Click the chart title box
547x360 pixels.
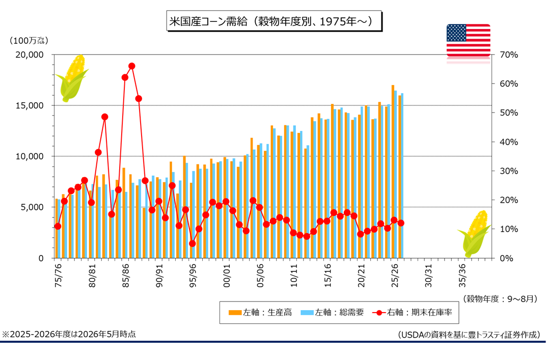[274, 21]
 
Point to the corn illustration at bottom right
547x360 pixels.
[474, 233]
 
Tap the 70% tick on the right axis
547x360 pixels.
[509, 55]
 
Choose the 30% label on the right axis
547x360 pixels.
[509, 171]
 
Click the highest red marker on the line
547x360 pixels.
[132, 66]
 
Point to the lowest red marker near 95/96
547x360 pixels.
[192, 243]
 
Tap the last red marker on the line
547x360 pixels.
[401, 223]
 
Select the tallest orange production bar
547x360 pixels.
[393, 171]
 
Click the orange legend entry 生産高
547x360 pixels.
[260, 313]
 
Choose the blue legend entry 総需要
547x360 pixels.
[333, 313]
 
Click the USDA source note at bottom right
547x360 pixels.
[469, 335]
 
